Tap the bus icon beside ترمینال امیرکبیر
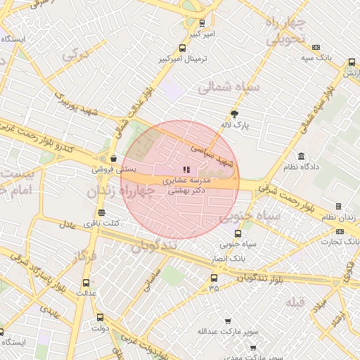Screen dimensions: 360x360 point(183,49)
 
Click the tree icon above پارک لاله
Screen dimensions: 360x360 point(234,114)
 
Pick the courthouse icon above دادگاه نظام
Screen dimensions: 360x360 point(302,156)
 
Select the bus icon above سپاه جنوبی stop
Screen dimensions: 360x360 point(237,234)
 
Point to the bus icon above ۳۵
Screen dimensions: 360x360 point(214,278)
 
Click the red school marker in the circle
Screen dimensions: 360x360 point(186,169)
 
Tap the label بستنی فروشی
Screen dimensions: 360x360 point(112,169)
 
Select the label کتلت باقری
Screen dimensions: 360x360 point(103,223)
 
